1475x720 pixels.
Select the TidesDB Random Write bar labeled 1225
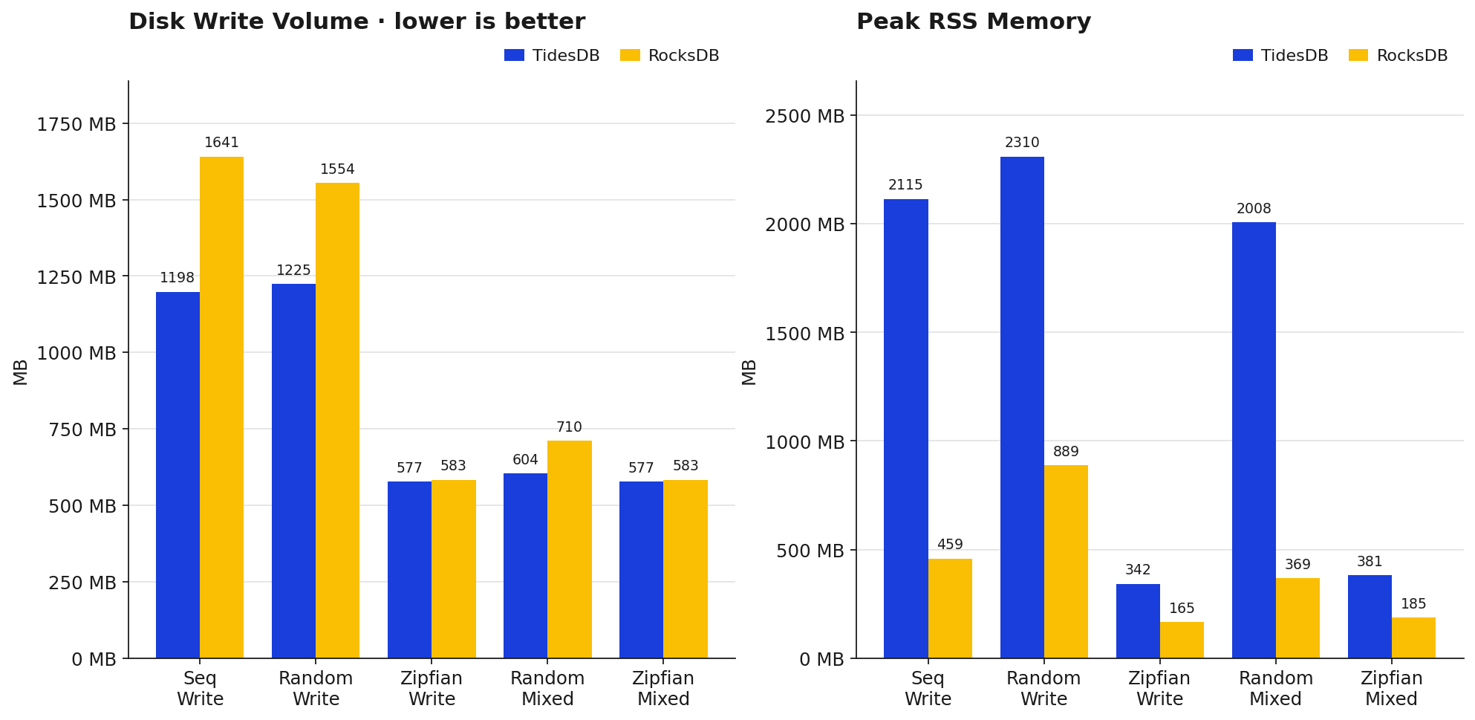click(x=293, y=471)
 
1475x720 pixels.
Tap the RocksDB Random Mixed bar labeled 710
click(x=570, y=549)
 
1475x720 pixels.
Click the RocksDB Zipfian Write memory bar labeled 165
click(x=1182, y=640)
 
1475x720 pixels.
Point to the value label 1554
click(x=337, y=169)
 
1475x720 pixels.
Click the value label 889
click(x=1066, y=452)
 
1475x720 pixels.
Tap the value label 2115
click(x=905, y=185)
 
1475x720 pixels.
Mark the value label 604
click(x=525, y=460)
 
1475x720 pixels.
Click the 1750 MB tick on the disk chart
click(x=76, y=124)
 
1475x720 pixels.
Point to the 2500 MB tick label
click(x=805, y=116)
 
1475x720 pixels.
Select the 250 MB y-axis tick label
click(x=82, y=583)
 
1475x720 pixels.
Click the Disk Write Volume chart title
click(x=356, y=22)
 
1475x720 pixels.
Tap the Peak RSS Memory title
click(x=974, y=22)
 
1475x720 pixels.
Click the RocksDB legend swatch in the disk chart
click(x=630, y=56)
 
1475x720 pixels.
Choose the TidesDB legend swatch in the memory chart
click(x=1243, y=56)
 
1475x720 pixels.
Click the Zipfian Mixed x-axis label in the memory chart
click(x=1391, y=689)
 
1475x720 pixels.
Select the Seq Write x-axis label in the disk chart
click(x=200, y=689)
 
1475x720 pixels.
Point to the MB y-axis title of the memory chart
click(x=749, y=372)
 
